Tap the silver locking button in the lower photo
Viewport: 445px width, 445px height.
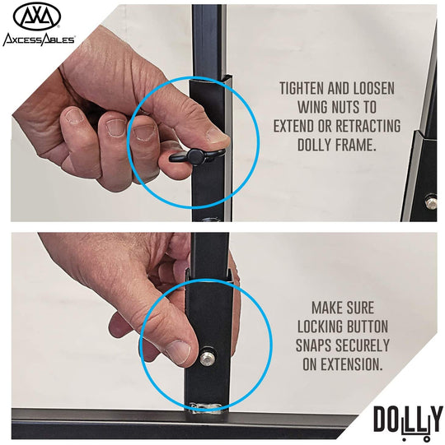tap(207, 359)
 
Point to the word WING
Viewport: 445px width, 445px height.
tap(313, 107)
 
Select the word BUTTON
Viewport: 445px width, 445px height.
tap(367, 327)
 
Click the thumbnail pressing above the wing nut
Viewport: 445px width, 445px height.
tap(218, 136)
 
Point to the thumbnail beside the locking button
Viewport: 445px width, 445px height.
tap(178, 352)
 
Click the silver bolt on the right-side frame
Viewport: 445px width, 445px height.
tap(431, 202)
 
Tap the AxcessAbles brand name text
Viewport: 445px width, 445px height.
tap(39, 39)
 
